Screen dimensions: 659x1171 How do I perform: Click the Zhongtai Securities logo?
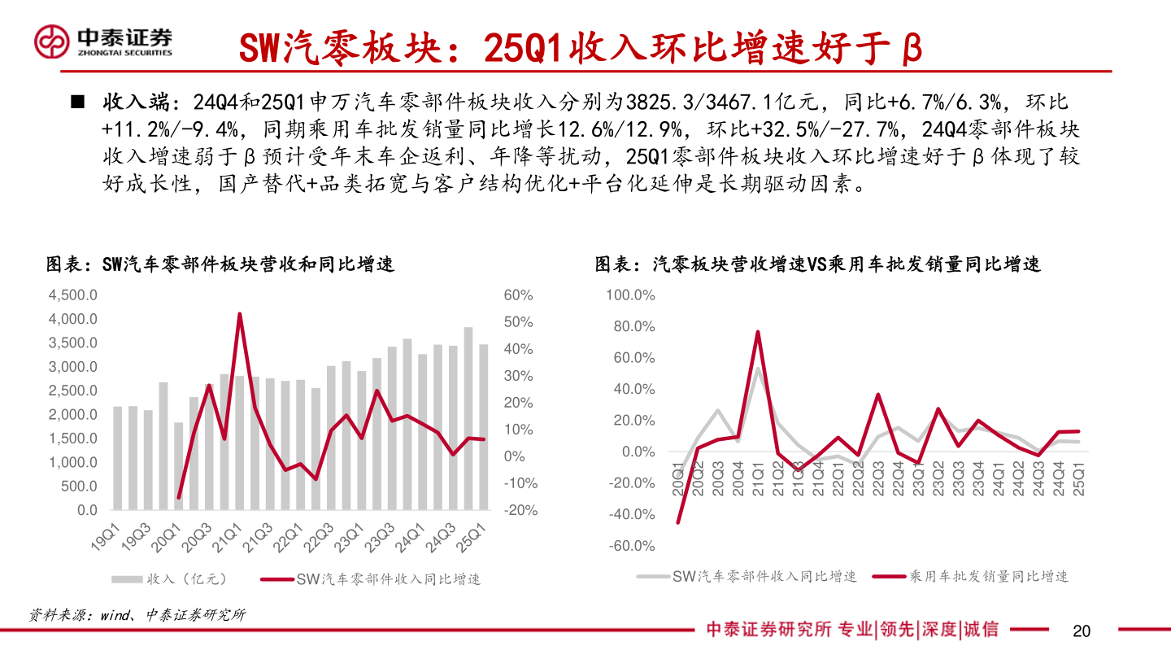click(103, 41)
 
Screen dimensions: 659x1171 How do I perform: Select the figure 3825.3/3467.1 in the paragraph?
click(700, 103)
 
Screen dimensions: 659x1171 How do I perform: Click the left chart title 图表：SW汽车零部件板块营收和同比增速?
click(220, 264)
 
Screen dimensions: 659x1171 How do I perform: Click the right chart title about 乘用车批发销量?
click(817, 264)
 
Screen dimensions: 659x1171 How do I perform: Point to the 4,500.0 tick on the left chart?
click(73, 295)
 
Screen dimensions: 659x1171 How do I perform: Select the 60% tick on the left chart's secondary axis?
click(518, 295)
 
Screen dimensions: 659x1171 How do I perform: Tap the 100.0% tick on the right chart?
click(631, 295)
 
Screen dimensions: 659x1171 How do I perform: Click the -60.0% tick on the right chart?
click(631, 545)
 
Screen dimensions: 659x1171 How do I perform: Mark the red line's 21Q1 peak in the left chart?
click(239, 314)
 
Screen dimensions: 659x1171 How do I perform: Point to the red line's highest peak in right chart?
click(758, 332)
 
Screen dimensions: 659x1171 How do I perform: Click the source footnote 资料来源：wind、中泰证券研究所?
click(137, 615)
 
